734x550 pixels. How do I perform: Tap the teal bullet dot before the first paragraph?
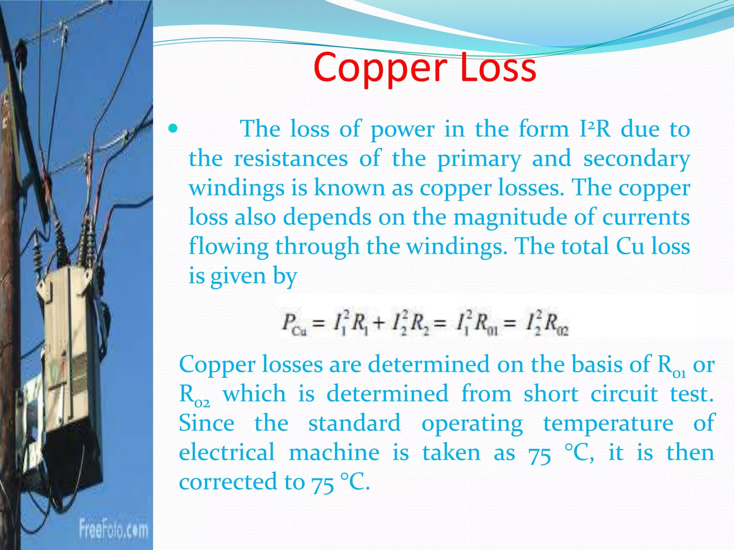pos(173,129)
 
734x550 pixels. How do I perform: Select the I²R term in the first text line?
pos(595,129)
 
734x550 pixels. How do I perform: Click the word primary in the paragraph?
pos(479,160)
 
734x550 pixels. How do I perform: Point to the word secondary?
pos(637,160)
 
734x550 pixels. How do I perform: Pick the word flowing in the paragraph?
pos(228,247)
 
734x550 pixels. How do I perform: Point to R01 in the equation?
pos(486,324)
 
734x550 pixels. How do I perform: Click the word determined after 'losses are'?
pos(429,365)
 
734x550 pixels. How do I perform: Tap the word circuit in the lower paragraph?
pos(624,394)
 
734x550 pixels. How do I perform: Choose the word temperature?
pos(608,424)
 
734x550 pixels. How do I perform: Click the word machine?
pos(334,453)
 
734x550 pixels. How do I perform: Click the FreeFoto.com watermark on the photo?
pos(114,529)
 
